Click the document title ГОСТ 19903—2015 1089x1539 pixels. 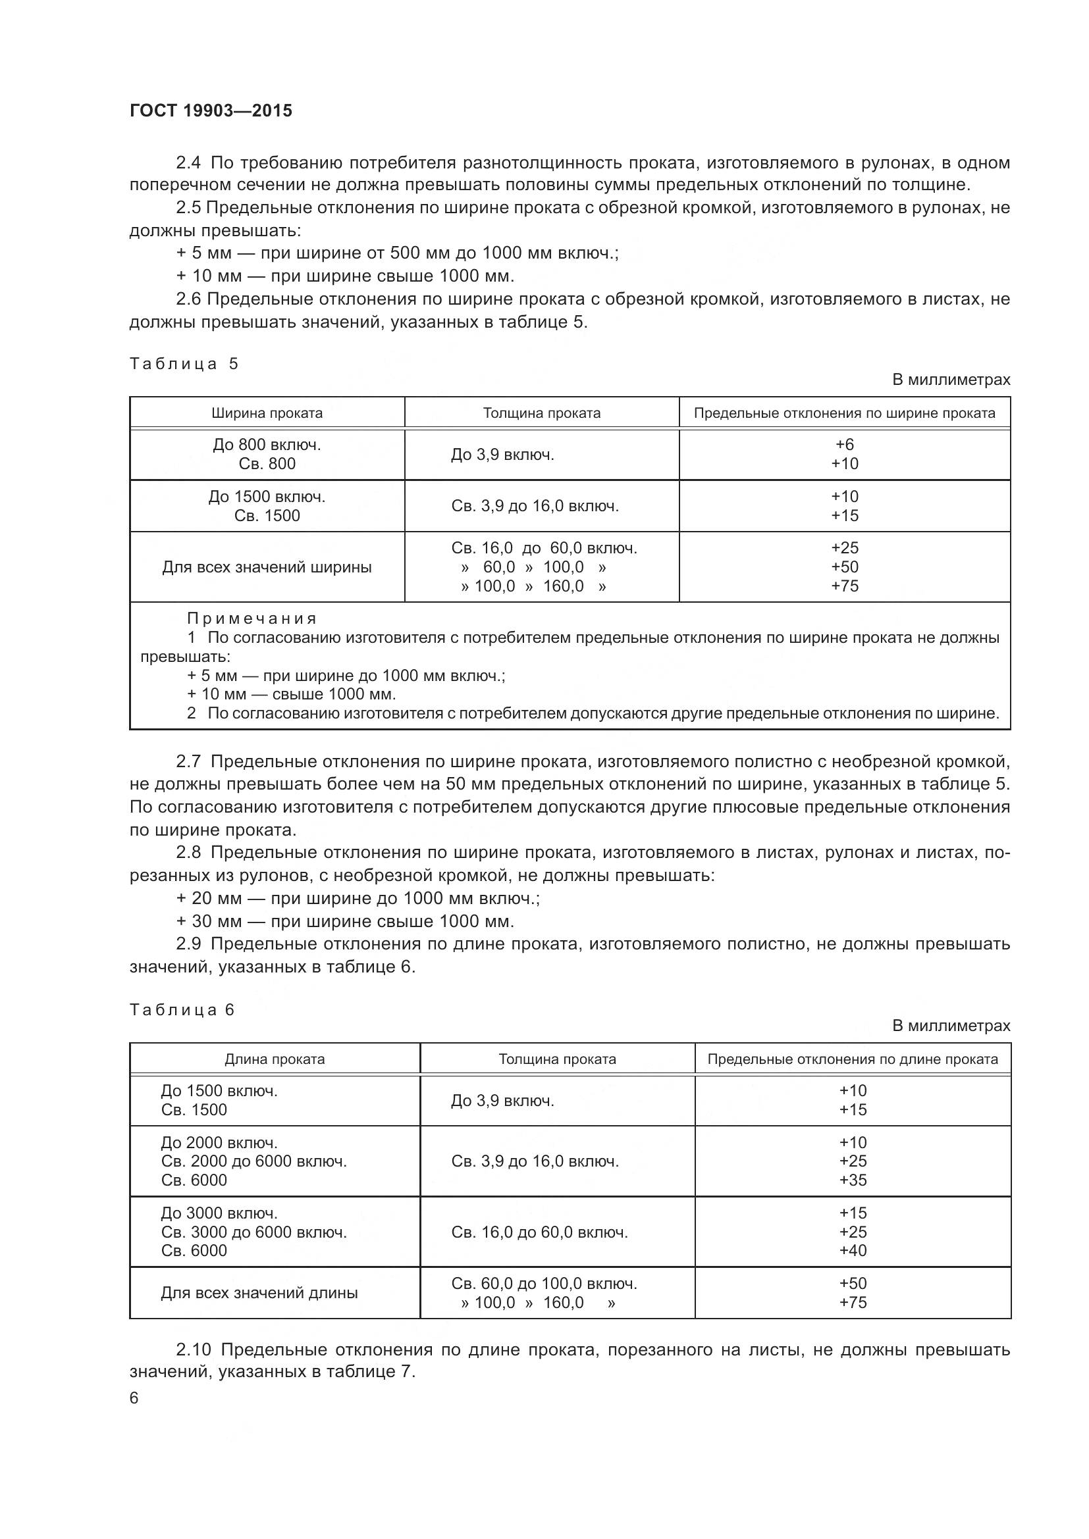211,111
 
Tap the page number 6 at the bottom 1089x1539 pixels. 134,1398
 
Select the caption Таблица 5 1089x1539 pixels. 184,364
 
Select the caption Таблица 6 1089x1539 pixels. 182,1009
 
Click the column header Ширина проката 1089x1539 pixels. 267,413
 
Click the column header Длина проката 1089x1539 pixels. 275,1059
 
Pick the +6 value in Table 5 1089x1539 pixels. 844,444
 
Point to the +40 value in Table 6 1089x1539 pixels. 852,1250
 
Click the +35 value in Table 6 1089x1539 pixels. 852,1180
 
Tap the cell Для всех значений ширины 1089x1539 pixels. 267,567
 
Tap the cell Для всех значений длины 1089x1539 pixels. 259,1292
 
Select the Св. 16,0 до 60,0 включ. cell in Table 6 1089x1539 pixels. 539,1232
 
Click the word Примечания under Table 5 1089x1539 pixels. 252,618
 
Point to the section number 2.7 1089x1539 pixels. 188,761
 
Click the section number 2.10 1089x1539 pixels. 192,1350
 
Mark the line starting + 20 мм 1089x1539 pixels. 358,898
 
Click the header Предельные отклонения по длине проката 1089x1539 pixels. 852,1059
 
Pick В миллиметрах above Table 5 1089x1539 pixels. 950,380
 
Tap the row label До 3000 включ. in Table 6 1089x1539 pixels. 219,1213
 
